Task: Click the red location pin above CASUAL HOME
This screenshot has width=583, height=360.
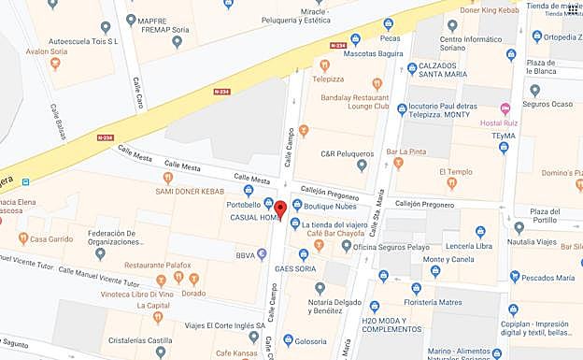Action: click(x=280, y=208)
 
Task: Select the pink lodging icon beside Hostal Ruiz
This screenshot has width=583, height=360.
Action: click(x=505, y=109)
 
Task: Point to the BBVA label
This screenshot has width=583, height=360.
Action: click(x=246, y=253)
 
